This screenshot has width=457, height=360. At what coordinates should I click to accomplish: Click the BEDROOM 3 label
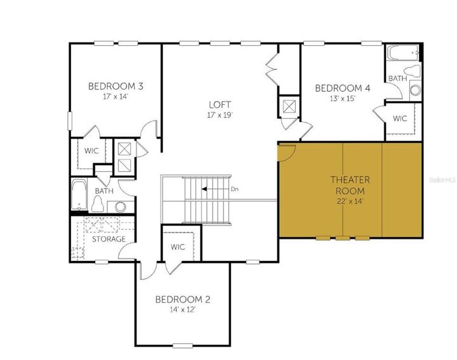[x=115, y=86]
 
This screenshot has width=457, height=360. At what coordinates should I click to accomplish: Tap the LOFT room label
[x=220, y=105]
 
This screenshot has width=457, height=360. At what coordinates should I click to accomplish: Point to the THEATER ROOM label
[x=350, y=183]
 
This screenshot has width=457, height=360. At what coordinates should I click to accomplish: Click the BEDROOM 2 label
[x=182, y=299]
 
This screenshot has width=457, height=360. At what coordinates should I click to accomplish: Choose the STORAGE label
[x=109, y=239]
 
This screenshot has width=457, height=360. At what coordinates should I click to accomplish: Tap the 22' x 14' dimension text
[x=350, y=202]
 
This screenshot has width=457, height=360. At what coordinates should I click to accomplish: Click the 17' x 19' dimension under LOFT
[x=220, y=116]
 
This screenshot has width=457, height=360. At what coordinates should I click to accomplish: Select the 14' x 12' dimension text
[x=182, y=310]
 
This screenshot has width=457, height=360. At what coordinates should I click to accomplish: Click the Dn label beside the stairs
[x=234, y=189]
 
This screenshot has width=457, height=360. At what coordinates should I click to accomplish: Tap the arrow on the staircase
[x=209, y=189]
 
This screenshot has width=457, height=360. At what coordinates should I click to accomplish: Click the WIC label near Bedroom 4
[x=400, y=118]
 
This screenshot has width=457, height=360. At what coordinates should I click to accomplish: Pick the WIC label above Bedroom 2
[x=178, y=247]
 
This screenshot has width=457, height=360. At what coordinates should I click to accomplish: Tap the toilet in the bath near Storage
[x=98, y=203]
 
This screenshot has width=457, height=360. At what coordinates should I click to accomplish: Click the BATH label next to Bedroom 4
[x=397, y=79]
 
